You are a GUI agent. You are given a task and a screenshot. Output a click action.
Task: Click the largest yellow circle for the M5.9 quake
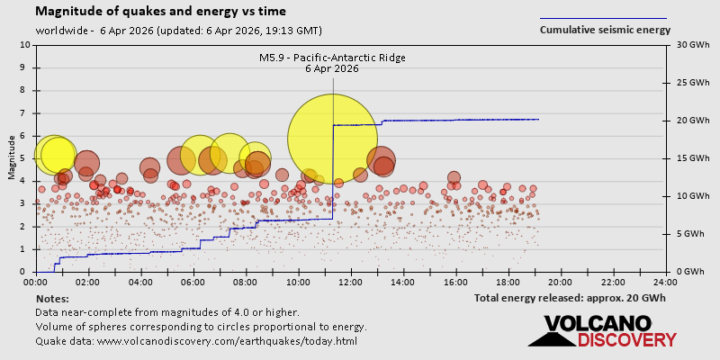click(x=332, y=139)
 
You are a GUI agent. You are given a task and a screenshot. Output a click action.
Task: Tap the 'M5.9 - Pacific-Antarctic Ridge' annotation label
click(x=332, y=58)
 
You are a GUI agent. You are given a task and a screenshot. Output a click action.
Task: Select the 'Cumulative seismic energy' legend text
click(x=605, y=30)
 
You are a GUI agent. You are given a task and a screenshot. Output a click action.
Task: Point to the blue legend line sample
click(x=603, y=18)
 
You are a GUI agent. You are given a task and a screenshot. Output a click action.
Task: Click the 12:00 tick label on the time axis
click(x=351, y=283)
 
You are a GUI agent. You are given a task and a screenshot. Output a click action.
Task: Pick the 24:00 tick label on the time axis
click(x=665, y=283)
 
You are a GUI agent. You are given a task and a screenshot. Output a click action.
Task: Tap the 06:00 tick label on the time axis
click(x=193, y=283)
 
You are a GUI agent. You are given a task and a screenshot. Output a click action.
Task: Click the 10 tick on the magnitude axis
click(x=24, y=45)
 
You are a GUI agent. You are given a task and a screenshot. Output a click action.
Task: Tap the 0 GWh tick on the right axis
click(x=689, y=272)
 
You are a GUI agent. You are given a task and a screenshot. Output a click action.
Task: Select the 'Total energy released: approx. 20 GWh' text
click(x=570, y=298)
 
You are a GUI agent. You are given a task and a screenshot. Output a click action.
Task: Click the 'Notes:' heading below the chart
click(x=52, y=298)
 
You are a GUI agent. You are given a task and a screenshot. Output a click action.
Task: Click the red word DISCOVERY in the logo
click(x=626, y=340)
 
